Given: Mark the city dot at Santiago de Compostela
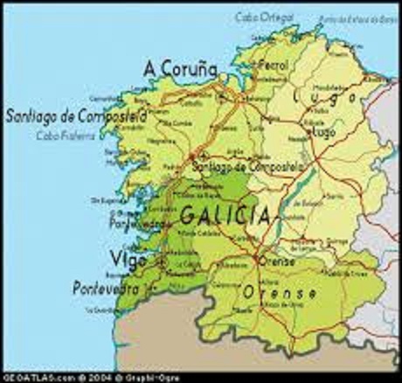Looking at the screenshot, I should point(191,158).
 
